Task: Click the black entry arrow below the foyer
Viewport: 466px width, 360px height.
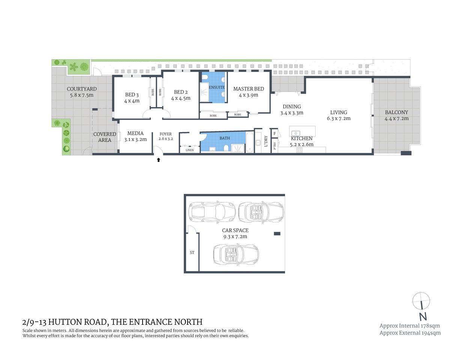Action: point(158,160)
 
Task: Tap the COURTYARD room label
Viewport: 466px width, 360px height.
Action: point(82,89)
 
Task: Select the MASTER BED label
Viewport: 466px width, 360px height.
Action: point(248,89)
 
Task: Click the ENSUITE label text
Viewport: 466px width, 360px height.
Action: point(217,87)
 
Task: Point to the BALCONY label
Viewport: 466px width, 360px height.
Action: point(396,112)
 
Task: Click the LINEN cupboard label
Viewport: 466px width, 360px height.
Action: point(190,150)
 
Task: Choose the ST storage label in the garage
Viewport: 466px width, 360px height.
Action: point(192,252)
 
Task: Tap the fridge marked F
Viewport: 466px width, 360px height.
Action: point(275,133)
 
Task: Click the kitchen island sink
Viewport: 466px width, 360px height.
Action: point(296,133)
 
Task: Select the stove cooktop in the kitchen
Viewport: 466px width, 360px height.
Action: point(299,150)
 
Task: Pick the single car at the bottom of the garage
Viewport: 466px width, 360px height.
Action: point(236,255)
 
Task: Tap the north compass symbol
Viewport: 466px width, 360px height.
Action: point(421,301)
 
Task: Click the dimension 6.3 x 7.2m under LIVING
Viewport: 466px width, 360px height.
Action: point(338,118)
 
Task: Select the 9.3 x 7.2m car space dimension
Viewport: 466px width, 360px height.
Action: point(235,237)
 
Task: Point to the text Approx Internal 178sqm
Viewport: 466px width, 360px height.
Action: point(409,325)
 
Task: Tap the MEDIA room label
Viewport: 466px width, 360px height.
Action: point(135,133)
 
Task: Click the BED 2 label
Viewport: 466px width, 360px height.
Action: point(181,92)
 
